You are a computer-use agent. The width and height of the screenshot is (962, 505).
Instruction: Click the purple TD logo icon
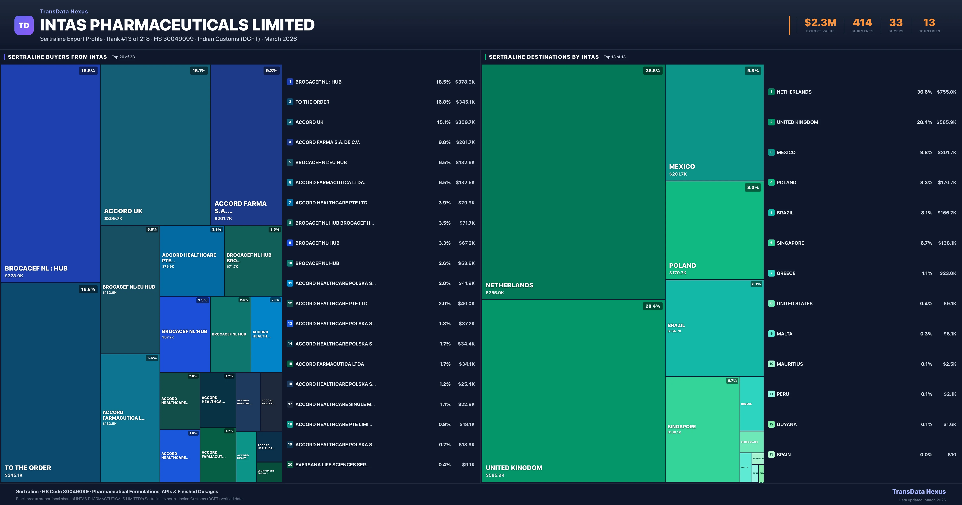coord(24,25)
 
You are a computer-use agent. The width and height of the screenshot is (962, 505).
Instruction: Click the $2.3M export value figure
coord(820,23)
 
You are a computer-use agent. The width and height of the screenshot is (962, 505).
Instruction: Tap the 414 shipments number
coord(862,23)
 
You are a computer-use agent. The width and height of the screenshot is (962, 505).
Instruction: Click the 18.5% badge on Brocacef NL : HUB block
coord(88,71)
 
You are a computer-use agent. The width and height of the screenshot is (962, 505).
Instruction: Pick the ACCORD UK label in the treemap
coord(123,211)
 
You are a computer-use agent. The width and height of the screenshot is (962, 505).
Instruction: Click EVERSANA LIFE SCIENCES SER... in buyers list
coord(332,465)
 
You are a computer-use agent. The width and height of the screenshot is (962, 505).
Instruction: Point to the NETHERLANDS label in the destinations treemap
coord(509,285)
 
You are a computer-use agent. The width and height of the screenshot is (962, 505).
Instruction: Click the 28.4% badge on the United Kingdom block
coord(652,306)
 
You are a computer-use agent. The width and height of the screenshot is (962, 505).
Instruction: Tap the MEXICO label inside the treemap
coord(682,167)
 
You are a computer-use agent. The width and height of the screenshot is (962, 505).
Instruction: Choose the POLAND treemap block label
coord(682,266)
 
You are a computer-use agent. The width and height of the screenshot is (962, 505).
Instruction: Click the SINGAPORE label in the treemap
coord(682,427)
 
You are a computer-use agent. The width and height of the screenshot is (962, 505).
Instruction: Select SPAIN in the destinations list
coord(783,454)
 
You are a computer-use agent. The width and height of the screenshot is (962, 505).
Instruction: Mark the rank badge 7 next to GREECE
coord(771,273)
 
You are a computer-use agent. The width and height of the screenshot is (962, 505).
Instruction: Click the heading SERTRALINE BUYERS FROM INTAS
coord(57,57)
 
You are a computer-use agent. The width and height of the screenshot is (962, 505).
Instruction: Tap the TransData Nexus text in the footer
coord(919,492)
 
